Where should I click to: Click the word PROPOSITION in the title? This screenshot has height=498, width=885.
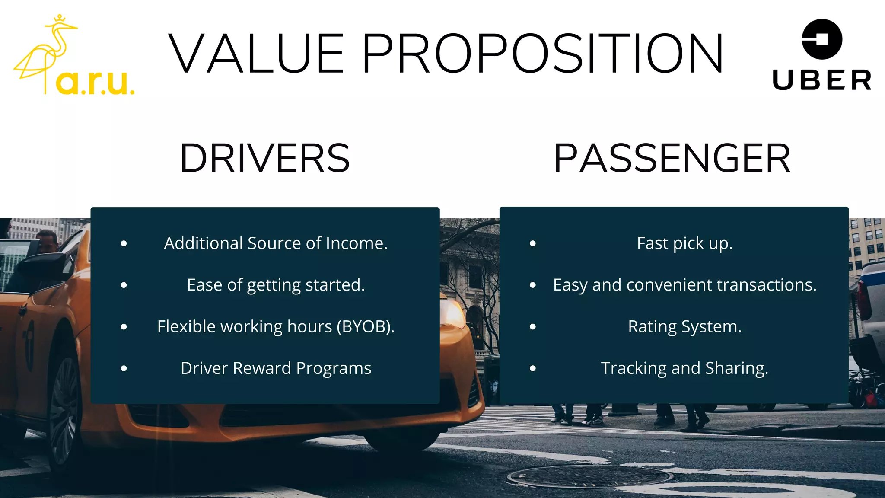542,54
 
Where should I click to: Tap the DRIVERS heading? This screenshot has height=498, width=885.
264,158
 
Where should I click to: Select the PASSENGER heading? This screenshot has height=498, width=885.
672,158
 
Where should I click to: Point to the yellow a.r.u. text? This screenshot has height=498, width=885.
95,82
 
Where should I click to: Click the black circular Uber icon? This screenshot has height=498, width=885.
822,39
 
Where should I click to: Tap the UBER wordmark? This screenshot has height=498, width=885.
822,80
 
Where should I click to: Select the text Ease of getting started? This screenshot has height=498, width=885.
276,285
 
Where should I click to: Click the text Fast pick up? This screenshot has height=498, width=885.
684,243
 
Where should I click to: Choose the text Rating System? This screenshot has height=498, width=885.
684,327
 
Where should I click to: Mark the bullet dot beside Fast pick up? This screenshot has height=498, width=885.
533,244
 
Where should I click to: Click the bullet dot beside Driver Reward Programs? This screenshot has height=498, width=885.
124,369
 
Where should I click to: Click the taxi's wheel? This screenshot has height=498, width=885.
64,411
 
